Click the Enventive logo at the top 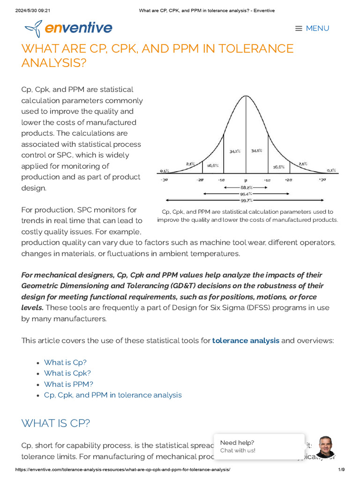pos(68,29)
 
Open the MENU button pos(312,29)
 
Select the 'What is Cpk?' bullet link pos(67,373)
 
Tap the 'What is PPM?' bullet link pos(68,384)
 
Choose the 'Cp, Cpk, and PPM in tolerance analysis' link pos(112,395)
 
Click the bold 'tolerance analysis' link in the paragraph pos(246,340)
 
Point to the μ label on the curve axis pos(246,180)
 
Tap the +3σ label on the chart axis pos(322,180)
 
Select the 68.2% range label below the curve pos(246,187)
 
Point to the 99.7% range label pos(246,200)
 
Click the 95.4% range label pos(246,194)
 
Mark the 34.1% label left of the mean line pos(235,151)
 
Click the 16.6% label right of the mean pos(279,166)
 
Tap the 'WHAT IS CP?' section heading pos(56,423)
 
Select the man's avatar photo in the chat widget pos(325,447)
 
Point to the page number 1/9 pos(341,470)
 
